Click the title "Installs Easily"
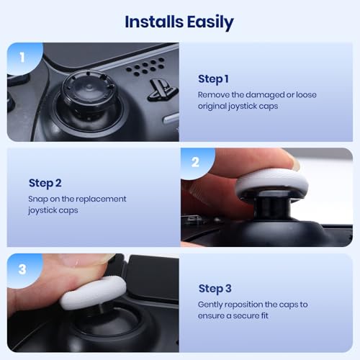tap(179, 22)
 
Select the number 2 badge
tap(194, 163)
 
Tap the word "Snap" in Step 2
tap(39, 199)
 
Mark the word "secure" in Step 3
tap(254, 316)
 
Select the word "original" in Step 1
tap(215, 107)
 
